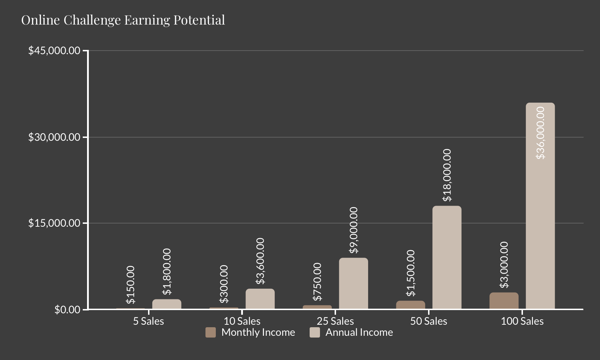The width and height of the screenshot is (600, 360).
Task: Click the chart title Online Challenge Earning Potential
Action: [x=123, y=20]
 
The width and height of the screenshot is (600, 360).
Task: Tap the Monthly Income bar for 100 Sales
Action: [x=504, y=301]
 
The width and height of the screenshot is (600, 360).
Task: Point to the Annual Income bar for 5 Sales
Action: [x=167, y=304]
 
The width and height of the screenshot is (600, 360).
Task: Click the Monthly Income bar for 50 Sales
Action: [x=410, y=305]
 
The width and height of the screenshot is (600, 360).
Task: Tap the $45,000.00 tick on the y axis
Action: [x=54, y=51]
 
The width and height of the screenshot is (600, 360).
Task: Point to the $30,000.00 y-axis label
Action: [x=54, y=137]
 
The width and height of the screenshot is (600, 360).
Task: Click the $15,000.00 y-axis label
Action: [x=54, y=223]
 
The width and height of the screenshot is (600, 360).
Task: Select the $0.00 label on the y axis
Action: [x=67, y=310]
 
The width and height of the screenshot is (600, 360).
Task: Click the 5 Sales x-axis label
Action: [x=148, y=322]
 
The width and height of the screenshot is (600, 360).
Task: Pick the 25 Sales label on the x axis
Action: [x=335, y=322]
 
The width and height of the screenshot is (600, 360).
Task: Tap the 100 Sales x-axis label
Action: [x=522, y=322]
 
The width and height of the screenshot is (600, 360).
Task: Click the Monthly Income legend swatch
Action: [x=211, y=333]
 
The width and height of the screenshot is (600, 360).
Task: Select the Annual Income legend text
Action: [x=359, y=333]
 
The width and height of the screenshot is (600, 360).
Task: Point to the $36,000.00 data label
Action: [x=540, y=133]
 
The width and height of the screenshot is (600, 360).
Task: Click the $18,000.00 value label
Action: [x=447, y=175]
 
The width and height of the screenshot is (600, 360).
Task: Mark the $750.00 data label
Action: [x=317, y=282]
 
